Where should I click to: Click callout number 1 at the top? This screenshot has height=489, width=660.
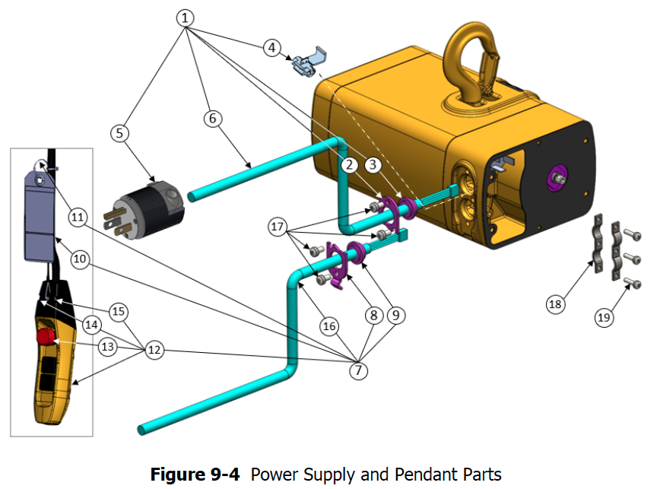[x=186, y=17]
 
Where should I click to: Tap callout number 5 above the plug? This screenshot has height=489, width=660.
[x=119, y=133]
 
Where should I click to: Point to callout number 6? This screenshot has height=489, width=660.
[x=214, y=118]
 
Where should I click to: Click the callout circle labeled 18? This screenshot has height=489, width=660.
[x=556, y=304]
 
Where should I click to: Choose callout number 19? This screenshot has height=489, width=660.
[x=604, y=317]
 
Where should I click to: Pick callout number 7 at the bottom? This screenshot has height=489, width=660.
[x=358, y=370]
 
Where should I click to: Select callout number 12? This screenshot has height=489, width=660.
[x=154, y=351]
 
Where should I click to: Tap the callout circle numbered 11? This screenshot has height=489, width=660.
[x=78, y=218]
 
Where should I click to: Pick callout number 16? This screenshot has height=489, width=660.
[x=328, y=326]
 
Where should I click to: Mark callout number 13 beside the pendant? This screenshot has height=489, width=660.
[x=109, y=346]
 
